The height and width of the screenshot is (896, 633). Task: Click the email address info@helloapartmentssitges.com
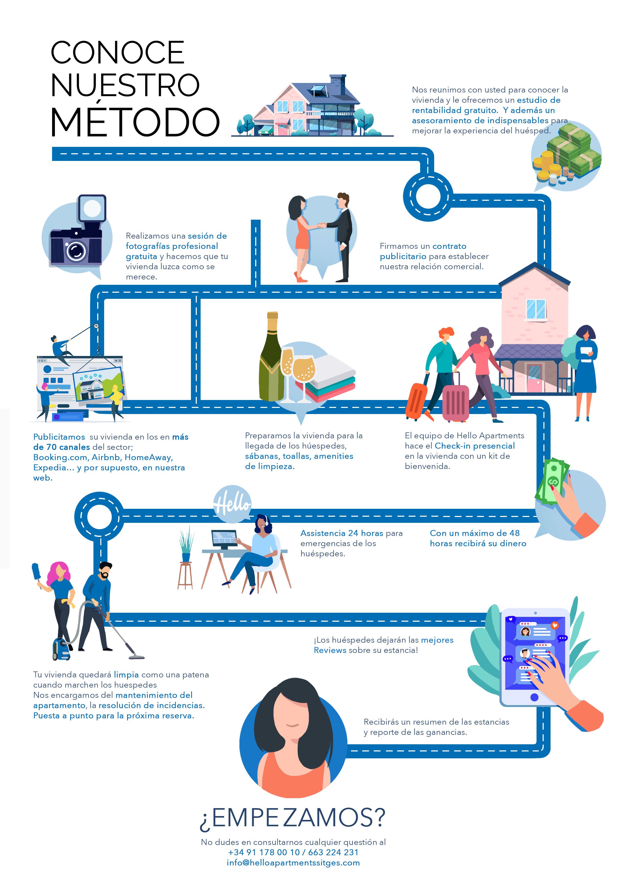[293, 863]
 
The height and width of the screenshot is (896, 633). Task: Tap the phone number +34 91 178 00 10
[264, 852]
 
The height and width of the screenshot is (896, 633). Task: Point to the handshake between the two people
[321, 225]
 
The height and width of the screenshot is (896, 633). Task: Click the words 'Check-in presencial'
[475, 446]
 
